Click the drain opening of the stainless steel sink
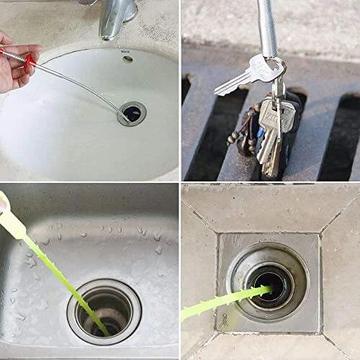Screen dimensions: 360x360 pos(105,310)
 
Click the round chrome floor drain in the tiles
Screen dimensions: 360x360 pos(267,280)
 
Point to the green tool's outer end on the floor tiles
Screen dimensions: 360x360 pos(189,313)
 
